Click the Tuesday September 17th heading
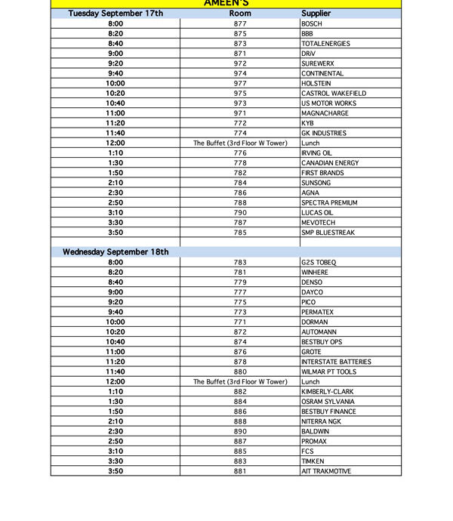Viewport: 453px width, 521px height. (x=116, y=14)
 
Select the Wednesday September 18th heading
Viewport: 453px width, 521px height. (x=116, y=252)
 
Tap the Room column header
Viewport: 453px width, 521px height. (x=240, y=14)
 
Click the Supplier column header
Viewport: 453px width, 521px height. (x=316, y=14)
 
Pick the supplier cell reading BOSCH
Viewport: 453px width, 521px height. (x=311, y=24)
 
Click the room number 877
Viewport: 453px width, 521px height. (x=240, y=24)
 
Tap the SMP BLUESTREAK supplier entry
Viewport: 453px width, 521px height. (x=328, y=233)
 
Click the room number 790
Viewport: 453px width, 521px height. (x=240, y=213)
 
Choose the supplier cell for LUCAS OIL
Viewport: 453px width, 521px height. (x=317, y=213)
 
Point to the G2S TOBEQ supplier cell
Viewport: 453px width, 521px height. (x=319, y=263)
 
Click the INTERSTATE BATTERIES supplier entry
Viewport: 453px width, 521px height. (x=336, y=362)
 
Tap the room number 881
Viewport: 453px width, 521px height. (x=240, y=471)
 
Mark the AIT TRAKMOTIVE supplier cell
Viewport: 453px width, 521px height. (x=326, y=471)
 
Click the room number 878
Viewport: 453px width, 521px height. (x=240, y=362)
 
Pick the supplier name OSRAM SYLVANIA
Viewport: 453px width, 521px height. (x=328, y=402)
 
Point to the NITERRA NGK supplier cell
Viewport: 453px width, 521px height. (x=321, y=421)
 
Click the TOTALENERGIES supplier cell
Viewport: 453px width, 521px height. (x=326, y=44)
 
